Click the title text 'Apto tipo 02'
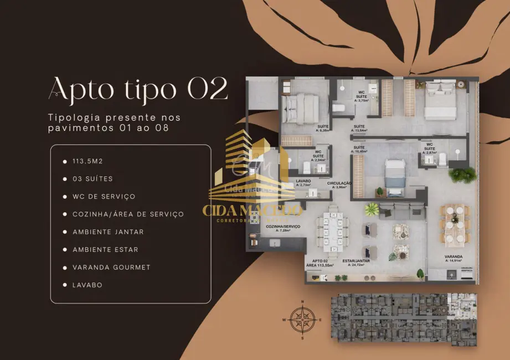pyautogui.click(x=138, y=89)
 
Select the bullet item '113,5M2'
pyautogui.click(x=88, y=161)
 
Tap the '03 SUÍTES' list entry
pyautogui.click(x=92, y=179)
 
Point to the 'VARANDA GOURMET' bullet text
pyautogui.click(x=111, y=267)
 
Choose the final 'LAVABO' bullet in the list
pyautogui.click(x=87, y=285)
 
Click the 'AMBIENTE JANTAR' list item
pyautogui.click(x=108, y=232)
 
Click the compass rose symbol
pyautogui.click(x=302, y=319)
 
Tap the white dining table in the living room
pyautogui.click(x=333, y=230)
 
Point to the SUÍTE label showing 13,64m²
pyautogui.click(x=359, y=128)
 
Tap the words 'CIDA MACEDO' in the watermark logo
pyautogui.click(x=253, y=210)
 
